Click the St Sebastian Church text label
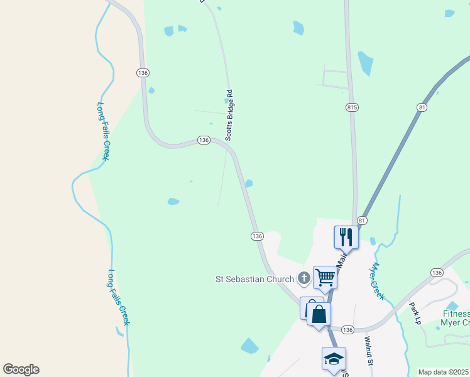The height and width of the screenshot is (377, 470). point(254,279)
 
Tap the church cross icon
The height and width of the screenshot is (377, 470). point(303,278)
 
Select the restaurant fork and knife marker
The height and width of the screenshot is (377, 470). point(346,237)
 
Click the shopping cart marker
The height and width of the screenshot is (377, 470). point(325,276)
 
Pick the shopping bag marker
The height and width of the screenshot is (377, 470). point(318,314)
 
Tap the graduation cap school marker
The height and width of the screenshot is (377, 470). point(334,359)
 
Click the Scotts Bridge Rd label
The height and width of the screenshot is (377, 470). point(230,116)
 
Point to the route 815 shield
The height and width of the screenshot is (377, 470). point(352,108)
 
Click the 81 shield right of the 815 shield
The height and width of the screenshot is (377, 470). point(422,108)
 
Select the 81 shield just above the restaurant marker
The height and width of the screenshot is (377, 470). point(362,221)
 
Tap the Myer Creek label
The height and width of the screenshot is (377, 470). point(377,281)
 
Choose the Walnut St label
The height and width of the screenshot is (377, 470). point(369,351)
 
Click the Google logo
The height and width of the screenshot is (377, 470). point(21,369)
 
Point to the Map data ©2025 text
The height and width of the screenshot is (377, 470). point(444,372)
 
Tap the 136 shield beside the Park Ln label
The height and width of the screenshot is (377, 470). point(437,272)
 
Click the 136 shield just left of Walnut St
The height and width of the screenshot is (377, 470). point(348,330)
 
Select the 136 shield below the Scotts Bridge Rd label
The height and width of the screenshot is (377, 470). point(203,139)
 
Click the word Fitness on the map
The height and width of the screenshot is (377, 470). point(456,314)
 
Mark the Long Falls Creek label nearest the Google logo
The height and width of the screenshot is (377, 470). point(118,297)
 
